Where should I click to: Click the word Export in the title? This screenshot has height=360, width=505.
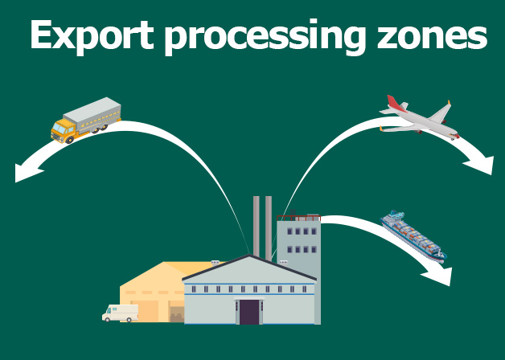[86, 36]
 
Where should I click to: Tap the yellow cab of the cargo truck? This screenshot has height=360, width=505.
[64, 127]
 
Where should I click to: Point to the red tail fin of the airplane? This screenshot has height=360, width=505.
[393, 104]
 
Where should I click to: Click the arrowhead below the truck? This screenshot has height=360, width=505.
[27, 170]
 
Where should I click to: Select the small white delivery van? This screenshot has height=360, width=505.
[120, 313]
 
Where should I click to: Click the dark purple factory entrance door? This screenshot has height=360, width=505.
[249, 311]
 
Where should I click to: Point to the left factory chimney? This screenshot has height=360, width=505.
[257, 225]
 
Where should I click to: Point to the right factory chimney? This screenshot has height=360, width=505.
[269, 225]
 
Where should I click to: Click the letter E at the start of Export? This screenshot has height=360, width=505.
[40, 36]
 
